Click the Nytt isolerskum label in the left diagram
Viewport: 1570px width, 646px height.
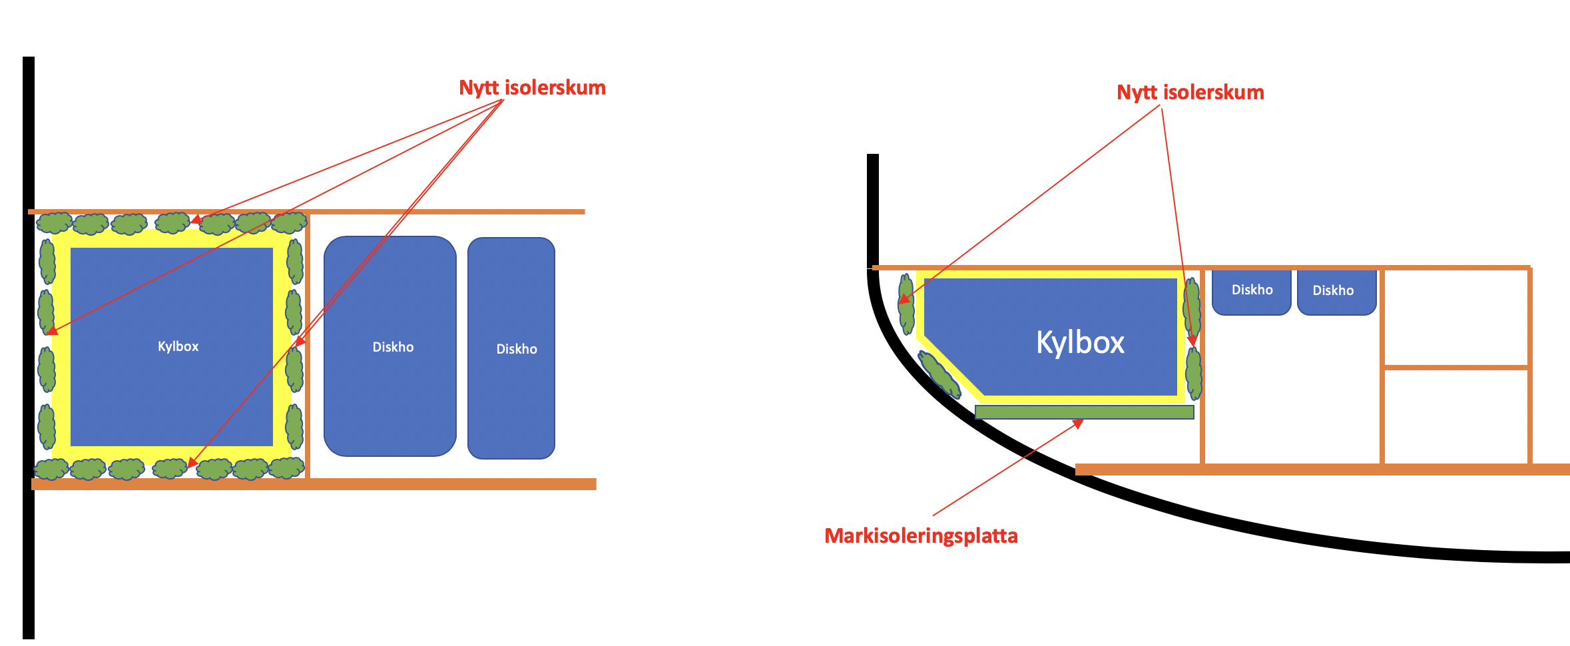point(532,88)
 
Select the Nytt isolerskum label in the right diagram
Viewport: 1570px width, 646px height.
point(1190,93)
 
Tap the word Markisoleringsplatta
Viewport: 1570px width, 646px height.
point(921,536)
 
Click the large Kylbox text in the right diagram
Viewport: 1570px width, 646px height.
point(1080,342)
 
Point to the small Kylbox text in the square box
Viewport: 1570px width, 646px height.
point(178,346)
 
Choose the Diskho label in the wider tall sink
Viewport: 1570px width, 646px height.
point(393,347)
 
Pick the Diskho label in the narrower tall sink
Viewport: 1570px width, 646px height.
point(516,349)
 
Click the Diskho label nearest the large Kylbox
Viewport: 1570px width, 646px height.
point(1252,290)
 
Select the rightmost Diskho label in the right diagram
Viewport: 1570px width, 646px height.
point(1333,290)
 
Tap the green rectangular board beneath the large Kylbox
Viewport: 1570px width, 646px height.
point(1084,412)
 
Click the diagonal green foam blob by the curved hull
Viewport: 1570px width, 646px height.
point(939,374)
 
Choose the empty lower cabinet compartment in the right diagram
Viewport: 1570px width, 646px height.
point(1455,416)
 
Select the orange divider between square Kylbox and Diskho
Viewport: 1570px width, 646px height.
point(307,346)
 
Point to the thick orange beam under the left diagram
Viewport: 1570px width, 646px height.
point(313,484)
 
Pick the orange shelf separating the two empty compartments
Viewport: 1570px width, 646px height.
point(1455,367)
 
